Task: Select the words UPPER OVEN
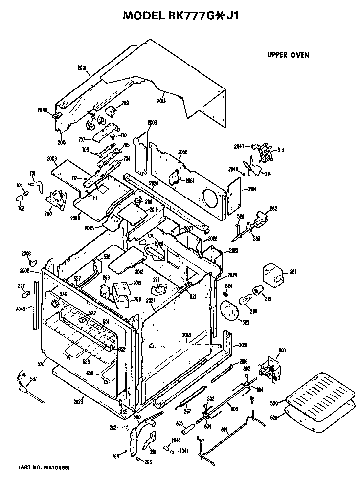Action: tap(288, 55)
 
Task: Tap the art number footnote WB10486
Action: tap(44, 468)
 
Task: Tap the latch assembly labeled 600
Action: tap(270, 367)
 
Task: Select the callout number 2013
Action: tap(161, 101)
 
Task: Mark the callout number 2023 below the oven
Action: tap(78, 402)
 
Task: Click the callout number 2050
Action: tap(182, 152)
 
